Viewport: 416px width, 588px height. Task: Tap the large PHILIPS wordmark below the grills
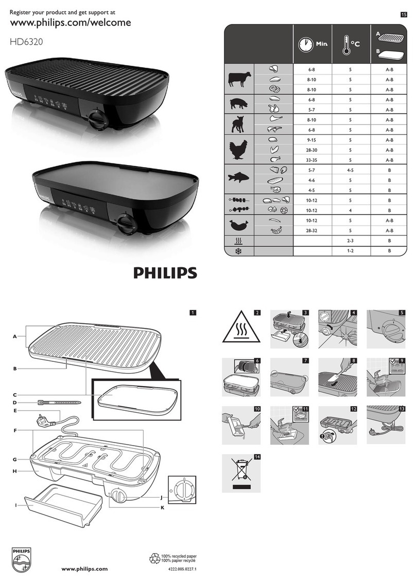165,272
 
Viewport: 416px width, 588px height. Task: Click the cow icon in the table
239,79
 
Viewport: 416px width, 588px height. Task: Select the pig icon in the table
239,103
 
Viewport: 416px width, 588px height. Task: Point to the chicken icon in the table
239,149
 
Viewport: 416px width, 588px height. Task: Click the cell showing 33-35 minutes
313,159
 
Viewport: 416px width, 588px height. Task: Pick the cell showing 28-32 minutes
313,231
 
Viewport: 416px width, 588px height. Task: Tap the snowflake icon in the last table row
239,250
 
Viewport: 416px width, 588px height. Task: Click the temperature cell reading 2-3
350,241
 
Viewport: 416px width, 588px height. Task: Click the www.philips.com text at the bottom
84,568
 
